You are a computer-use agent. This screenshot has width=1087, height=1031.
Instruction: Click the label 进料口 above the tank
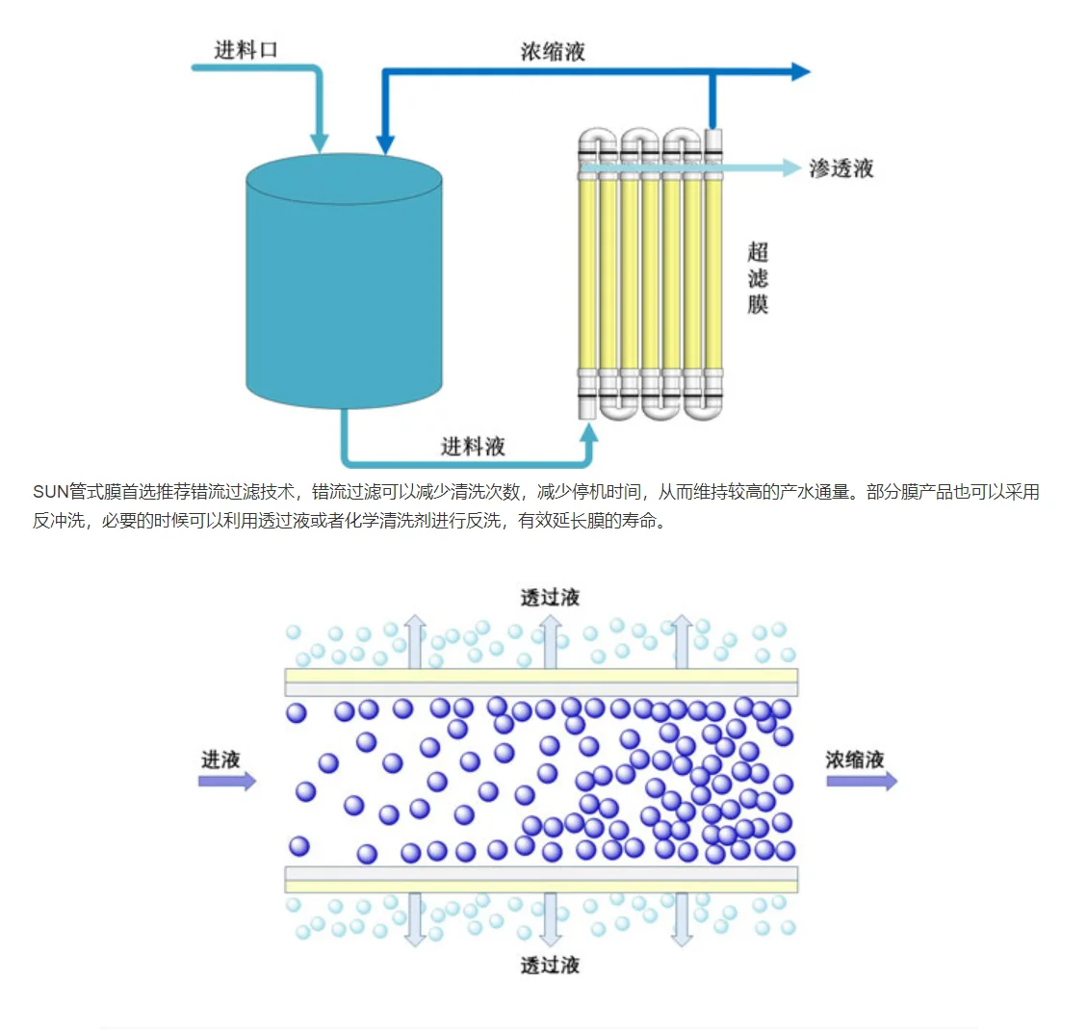pyautogui.click(x=246, y=50)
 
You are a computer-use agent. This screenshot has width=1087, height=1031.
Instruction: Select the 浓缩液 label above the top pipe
pyautogui.click(x=554, y=51)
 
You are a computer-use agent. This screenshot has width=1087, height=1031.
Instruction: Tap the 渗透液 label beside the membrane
pyautogui.click(x=841, y=168)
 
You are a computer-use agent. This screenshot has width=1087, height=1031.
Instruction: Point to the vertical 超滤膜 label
pyautogui.click(x=758, y=278)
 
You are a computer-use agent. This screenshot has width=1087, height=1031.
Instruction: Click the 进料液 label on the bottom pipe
pyautogui.click(x=474, y=446)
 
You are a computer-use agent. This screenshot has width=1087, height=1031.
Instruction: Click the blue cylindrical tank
pyautogui.click(x=344, y=281)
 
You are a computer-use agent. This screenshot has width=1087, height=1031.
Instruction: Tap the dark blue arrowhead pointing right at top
pyautogui.click(x=801, y=71)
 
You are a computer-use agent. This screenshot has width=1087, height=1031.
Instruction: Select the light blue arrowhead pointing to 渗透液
pyautogui.click(x=792, y=168)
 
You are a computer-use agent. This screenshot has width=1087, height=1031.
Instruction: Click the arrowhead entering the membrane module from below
pyautogui.click(x=588, y=434)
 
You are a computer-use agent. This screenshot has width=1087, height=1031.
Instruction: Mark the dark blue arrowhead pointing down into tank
pyautogui.click(x=385, y=144)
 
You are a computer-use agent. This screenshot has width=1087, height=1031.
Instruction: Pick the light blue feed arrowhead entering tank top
pyautogui.click(x=319, y=142)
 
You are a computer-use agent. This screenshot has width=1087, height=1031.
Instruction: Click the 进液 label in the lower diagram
pyautogui.click(x=220, y=760)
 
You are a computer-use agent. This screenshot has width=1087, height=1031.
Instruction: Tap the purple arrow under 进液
pyautogui.click(x=227, y=782)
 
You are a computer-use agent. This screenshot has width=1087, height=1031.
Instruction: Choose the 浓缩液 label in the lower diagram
pyautogui.click(x=855, y=760)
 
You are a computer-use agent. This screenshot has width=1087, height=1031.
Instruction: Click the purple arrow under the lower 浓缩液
pyautogui.click(x=862, y=782)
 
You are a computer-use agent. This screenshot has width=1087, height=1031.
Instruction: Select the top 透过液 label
pyautogui.click(x=550, y=597)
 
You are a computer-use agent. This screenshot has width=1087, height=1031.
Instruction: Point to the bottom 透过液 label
pyautogui.click(x=550, y=965)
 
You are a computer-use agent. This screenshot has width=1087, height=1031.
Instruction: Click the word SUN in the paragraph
pyautogui.click(x=51, y=492)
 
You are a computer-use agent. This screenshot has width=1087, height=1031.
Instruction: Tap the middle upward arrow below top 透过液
pyautogui.click(x=551, y=642)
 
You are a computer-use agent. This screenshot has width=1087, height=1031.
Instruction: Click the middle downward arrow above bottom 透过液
pyautogui.click(x=551, y=919)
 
